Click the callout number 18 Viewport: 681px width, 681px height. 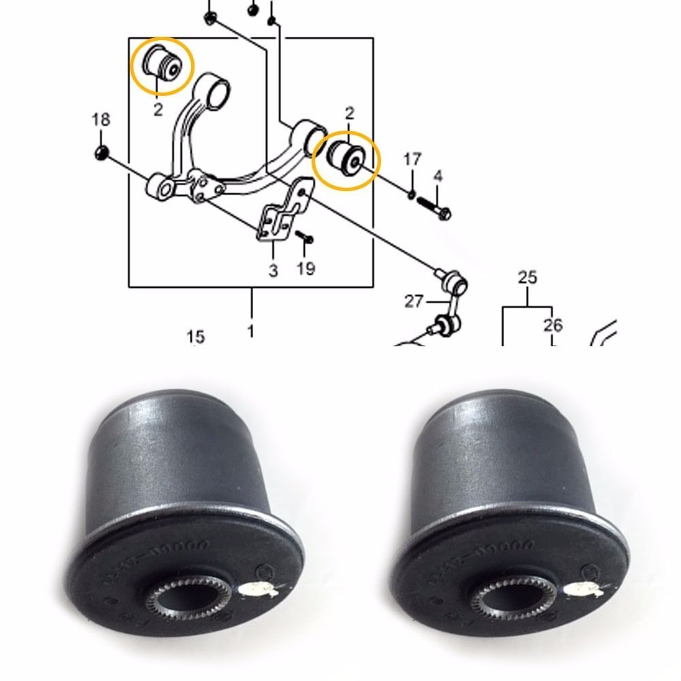point(101,120)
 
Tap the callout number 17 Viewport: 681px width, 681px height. point(412,161)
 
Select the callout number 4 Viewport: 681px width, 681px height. point(437,177)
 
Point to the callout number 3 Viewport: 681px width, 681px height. point(273,270)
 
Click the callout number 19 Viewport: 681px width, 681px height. point(305,268)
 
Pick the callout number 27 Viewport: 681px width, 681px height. point(414,301)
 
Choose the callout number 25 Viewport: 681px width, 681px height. point(527,278)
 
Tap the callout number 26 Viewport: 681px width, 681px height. point(553,325)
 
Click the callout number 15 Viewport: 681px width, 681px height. point(195,336)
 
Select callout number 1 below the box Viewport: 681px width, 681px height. point(251,331)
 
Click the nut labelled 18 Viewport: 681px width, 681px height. point(101,151)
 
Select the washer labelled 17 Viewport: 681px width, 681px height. point(412,195)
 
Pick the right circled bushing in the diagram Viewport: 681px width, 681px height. point(346,160)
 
